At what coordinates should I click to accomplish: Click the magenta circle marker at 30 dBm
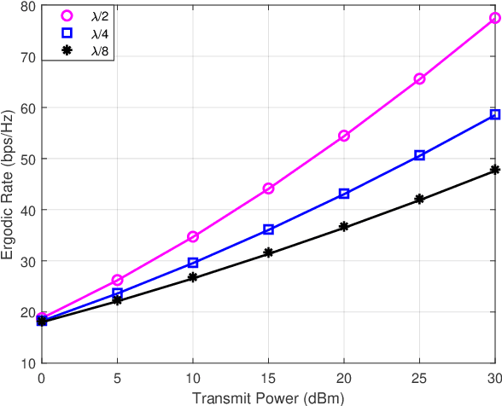[x=495, y=18]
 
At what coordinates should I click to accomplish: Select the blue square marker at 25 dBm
[x=419, y=155]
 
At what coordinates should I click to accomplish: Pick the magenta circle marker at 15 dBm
[x=268, y=188]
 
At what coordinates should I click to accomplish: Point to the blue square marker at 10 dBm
[x=193, y=263]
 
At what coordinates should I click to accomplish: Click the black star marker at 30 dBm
[x=495, y=171]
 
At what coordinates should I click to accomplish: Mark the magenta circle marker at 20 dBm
[x=344, y=136]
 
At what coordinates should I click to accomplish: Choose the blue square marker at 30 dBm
[x=495, y=114]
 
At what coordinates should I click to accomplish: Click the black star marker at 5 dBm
[x=117, y=300]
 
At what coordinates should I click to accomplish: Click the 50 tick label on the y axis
[x=30, y=159]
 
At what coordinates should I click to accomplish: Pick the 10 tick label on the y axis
[x=30, y=362]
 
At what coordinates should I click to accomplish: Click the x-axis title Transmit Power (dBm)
[x=268, y=397]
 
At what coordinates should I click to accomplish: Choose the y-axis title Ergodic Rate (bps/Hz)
[x=9, y=184]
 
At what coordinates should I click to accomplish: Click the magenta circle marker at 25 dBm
[x=419, y=78]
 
